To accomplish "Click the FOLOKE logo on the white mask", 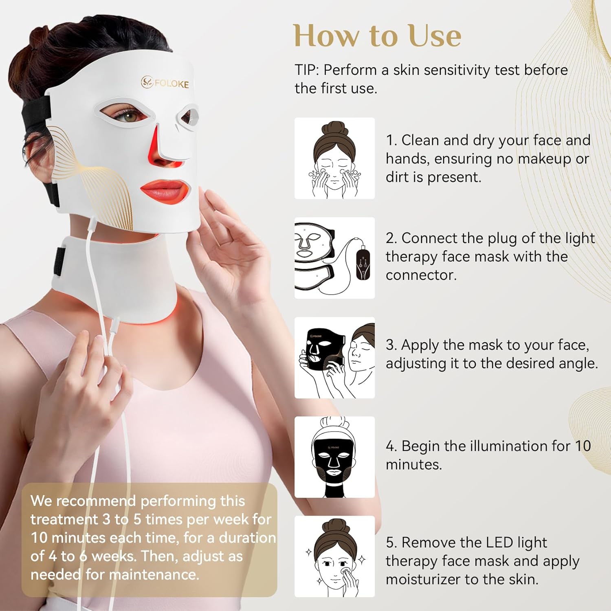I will (x=165, y=83).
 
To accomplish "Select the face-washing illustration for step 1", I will (x=334, y=158).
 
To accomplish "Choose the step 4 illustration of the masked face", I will (x=334, y=457).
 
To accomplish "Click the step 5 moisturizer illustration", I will (x=334, y=556).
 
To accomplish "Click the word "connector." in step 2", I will (x=421, y=275).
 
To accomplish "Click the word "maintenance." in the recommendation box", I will (x=155, y=575).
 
